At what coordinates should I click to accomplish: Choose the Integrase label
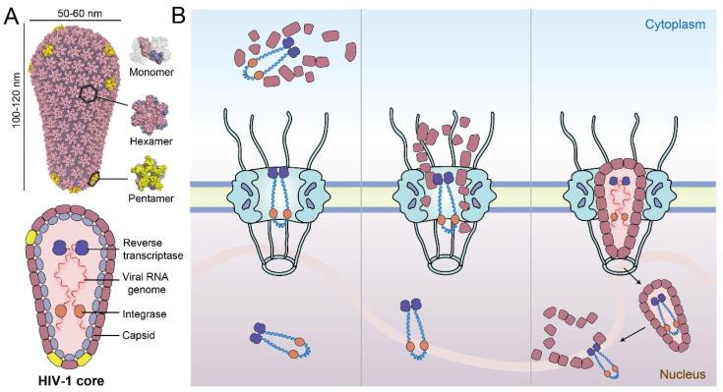point(126,314)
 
